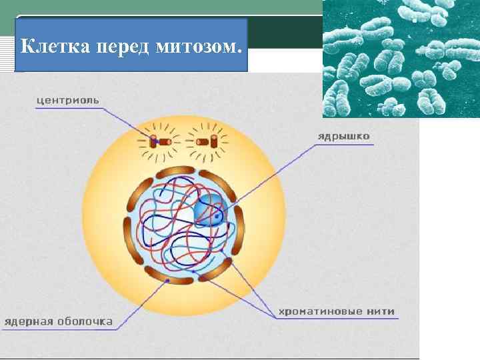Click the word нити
point(379,311)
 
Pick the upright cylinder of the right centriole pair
point(214,141)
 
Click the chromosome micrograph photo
point(400,59)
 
